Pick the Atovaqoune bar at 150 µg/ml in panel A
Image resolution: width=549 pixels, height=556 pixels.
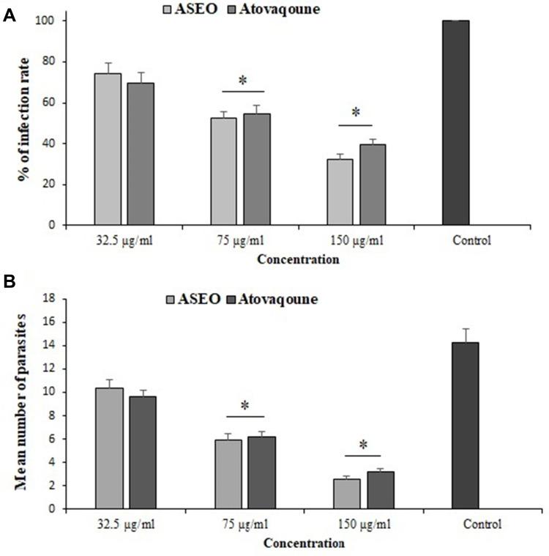373,184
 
